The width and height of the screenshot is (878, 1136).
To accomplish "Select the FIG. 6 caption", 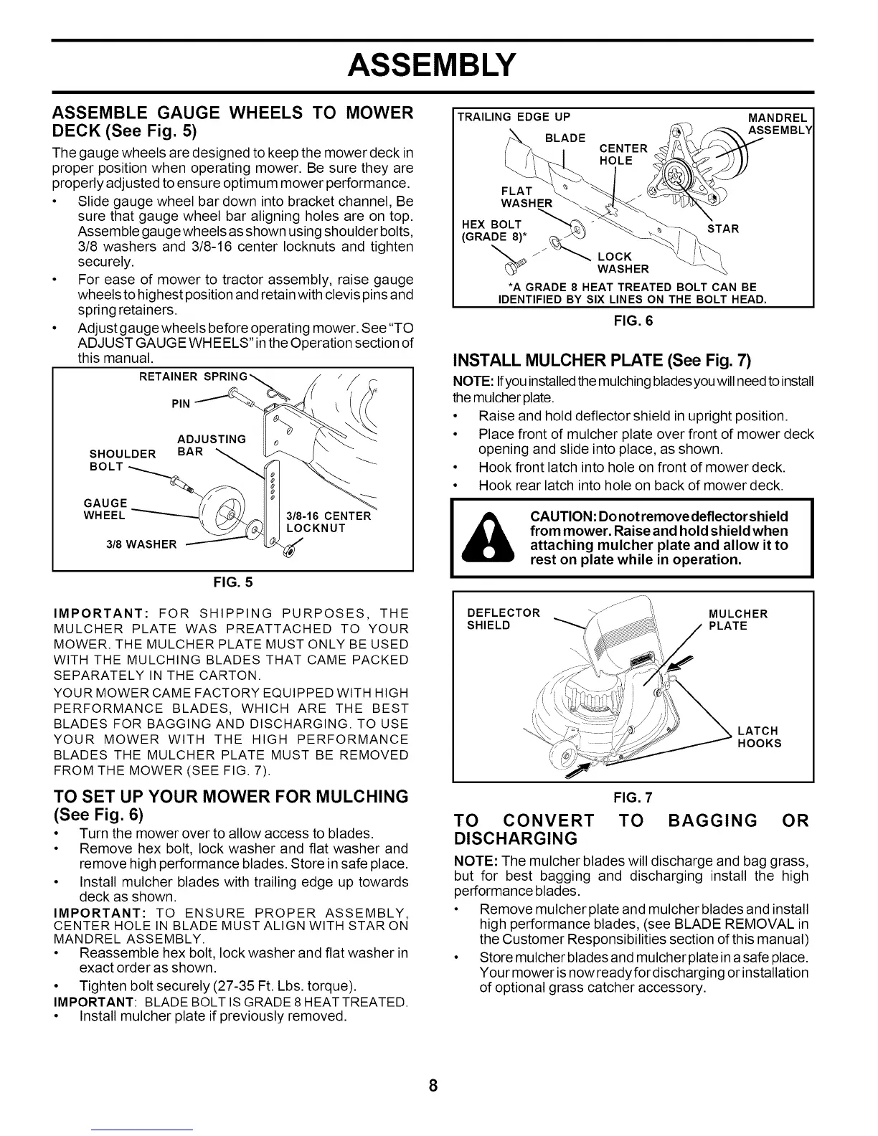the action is [633, 321].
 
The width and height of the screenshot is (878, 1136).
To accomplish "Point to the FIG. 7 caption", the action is [633, 797].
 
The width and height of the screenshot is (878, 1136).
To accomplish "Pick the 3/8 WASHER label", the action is [141, 544].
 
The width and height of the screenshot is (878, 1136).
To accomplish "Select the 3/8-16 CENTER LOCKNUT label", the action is [328, 522].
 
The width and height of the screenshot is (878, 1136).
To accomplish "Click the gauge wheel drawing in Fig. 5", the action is [222, 512].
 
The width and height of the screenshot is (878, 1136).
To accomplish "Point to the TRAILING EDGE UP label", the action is [514, 118].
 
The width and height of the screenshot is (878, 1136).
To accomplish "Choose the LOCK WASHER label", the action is [623, 262].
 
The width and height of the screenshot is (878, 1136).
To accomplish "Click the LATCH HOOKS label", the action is [759, 737].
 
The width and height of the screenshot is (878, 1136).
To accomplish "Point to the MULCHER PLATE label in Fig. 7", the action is [737, 620].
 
